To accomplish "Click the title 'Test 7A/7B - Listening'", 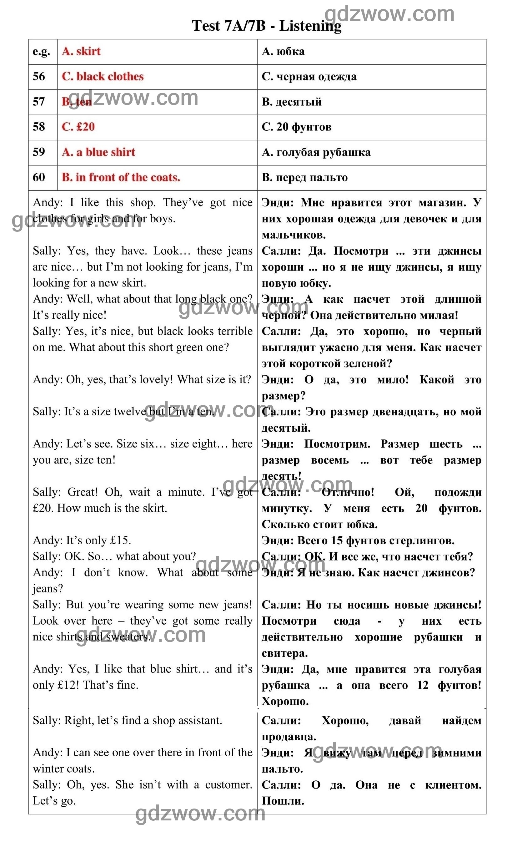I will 266,26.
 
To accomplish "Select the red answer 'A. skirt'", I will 81,51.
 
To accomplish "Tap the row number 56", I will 39,76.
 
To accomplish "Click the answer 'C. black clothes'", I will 103,76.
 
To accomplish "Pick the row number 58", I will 39,127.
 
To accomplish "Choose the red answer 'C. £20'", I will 78,127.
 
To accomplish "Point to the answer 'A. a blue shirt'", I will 98,152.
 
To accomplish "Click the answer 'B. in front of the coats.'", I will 121,177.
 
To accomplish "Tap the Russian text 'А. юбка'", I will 283,51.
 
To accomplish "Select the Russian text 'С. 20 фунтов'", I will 296,127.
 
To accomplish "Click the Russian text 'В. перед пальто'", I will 305,177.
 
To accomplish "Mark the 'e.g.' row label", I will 41,51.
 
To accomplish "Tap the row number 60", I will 39,177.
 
